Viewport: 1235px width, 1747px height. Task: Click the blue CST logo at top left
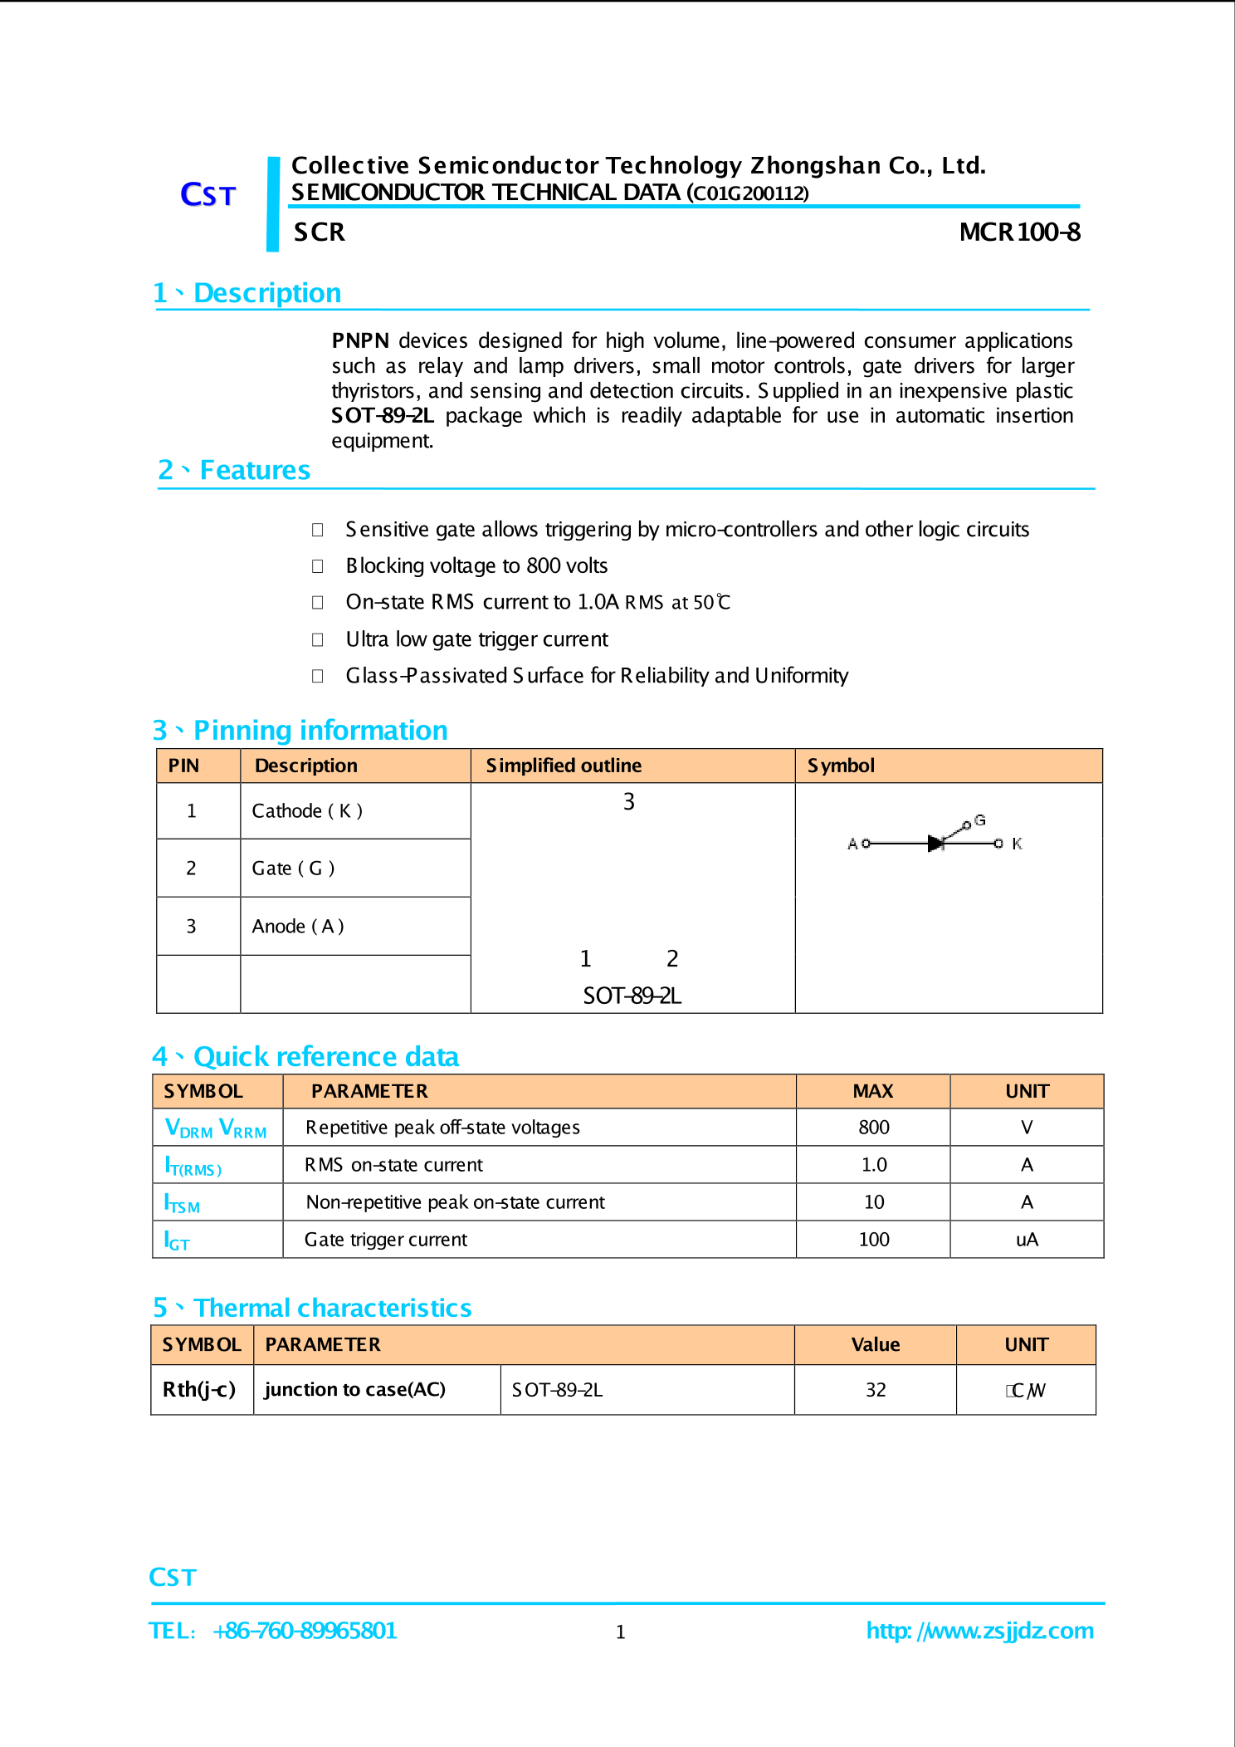(x=207, y=195)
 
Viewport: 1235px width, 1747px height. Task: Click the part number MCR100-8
(x=1019, y=232)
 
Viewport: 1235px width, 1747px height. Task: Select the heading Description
(x=266, y=293)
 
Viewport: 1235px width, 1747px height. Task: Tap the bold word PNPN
(x=360, y=341)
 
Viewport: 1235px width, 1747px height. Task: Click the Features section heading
(x=255, y=471)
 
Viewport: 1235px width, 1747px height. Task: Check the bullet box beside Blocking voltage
(x=317, y=566)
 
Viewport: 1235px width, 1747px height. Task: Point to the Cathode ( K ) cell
(x=307, y=811)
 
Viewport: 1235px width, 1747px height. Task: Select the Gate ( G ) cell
(x=293, y=869)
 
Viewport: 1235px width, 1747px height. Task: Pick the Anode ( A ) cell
(x=297, y=927)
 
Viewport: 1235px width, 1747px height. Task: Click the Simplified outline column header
(x=564, y=766)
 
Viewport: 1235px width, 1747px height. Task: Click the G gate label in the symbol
(x=980, y=820)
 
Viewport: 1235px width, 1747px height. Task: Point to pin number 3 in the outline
(x=629, y=802)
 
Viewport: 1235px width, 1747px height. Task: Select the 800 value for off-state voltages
(x=874, y=1128)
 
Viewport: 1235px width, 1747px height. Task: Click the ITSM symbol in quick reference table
(x=182, y=1203)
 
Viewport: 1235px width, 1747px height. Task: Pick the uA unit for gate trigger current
(x=1027, y=1240)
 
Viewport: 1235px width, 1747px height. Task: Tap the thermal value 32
(x=876, y=1390)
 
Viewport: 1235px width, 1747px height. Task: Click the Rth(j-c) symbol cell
(x=199, y=1390)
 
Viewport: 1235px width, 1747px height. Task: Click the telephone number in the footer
(x=305, y=1631)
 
